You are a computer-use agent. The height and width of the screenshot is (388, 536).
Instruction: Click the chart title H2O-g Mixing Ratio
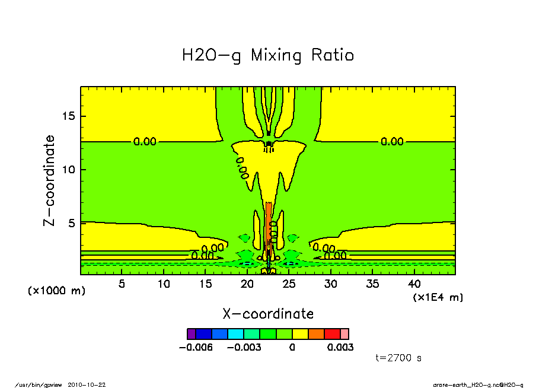point(268,56)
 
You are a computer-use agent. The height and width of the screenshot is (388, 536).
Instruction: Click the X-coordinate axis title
point(268,314)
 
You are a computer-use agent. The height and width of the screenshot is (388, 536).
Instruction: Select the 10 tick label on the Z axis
point(68,170)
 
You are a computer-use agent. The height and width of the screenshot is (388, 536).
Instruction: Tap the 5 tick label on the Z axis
point(71,224)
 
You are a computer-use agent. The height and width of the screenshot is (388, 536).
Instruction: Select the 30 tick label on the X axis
point(330,284)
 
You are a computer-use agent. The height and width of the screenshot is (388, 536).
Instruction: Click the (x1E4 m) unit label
point(438,297)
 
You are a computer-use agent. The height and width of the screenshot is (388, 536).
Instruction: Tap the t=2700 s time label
point(399,358)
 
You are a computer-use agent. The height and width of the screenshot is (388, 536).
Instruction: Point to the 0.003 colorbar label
point(340,347)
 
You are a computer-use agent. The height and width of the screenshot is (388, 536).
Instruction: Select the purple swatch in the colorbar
point(191,333)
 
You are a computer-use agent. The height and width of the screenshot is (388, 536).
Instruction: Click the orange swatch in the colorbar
point(315,333)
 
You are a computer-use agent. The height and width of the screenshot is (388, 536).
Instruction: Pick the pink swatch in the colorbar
point(345,333)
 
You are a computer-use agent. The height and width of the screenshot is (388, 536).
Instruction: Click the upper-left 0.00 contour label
point(145,142)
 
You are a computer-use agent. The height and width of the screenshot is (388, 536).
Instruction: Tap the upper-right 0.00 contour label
point(392,142)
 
